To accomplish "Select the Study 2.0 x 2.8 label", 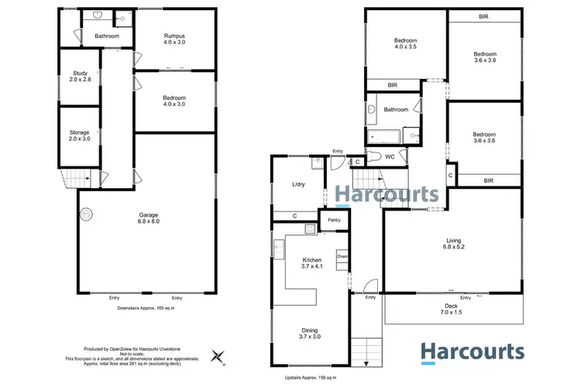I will (80, 75).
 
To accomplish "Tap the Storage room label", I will (80, 135).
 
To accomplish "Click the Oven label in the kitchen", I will (342, 255).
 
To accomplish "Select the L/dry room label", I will (297, 184).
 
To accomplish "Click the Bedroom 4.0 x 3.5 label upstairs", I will (406, 45).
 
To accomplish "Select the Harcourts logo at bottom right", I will (473, 353).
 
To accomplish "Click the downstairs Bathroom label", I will (107, 36).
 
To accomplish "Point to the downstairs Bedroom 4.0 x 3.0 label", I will (174, 101).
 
